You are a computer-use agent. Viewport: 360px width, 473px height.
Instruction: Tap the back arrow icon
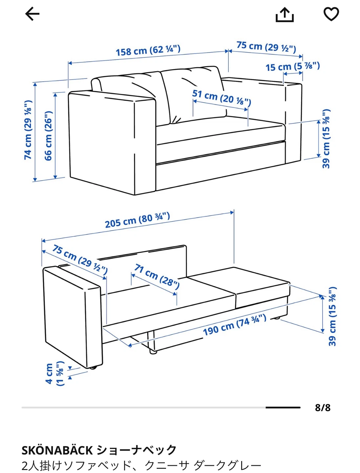coord(32,14)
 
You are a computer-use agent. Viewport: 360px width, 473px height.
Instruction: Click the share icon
coord(285,15)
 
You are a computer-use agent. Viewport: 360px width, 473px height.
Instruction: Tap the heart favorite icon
coord(331,14)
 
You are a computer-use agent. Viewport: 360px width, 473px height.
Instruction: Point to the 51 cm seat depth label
coord(222,98)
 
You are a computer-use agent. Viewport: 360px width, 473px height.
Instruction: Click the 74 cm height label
coord(28,130)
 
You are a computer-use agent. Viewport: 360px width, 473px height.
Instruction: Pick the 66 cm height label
coord(48,136)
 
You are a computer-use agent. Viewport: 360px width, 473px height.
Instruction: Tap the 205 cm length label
coord(138,220)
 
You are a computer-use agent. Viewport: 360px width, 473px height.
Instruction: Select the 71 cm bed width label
coord(157,277)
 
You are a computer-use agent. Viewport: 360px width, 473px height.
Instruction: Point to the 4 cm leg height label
coord(55,373)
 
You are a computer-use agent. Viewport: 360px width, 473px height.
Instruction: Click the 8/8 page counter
coord(323,408)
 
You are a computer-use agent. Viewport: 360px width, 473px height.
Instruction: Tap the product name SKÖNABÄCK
coord(57,450)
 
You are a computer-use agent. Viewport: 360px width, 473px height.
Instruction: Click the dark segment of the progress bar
coord(283,408)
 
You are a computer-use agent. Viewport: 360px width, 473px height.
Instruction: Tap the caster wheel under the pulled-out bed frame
coord(153,352)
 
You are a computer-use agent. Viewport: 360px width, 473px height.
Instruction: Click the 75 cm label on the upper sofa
coord(266,47)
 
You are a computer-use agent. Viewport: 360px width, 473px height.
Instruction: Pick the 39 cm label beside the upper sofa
coord(326,139)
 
